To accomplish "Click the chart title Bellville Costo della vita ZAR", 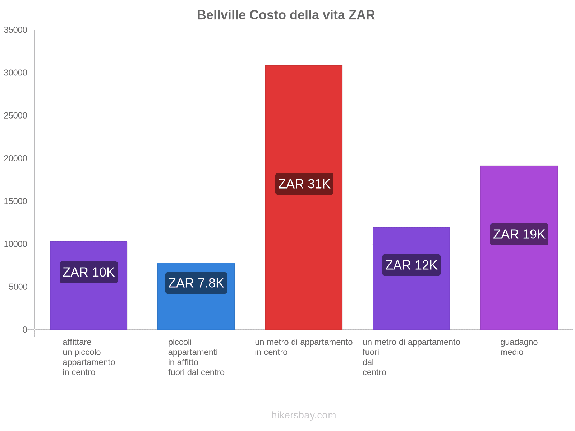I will pyautogui.click(x=286, y=15).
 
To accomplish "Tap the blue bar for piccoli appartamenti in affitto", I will pyautogui.click(x=196, y=309).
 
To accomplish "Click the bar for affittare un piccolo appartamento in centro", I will pyautogui.click(x=88, y=305).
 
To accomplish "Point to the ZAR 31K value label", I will pyautogui.click(x=304, y=184).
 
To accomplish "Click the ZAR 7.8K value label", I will pyautogui.click(x=196, y=283).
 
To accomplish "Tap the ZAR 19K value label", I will pyautogui.click(x=519, y=234).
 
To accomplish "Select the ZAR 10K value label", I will pyautogui.click(x=88, y=272).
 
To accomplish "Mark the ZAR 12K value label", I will pyautogui.click(x=411, y=265).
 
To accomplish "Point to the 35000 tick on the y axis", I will pyautogui.click(x=15, y=30).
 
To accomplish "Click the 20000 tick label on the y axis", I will pyautogui.click(x=15, y=158).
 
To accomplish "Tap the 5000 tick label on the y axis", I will pyautogui.click(x=17, y=287).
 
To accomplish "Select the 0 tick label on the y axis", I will pyautogui.click(x=25, y=330).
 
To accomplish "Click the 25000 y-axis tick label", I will pyautogui.click(x=15, y=116).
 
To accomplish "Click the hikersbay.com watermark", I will pyautogui.click(x=304, y=415).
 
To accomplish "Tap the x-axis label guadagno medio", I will pyautogui.click(x=519, y=347).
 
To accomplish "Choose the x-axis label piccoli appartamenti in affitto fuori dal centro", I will pyautogui.click(x=196, y=357).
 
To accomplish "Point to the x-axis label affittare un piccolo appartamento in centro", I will pyautogui.click(x=88, y=357).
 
